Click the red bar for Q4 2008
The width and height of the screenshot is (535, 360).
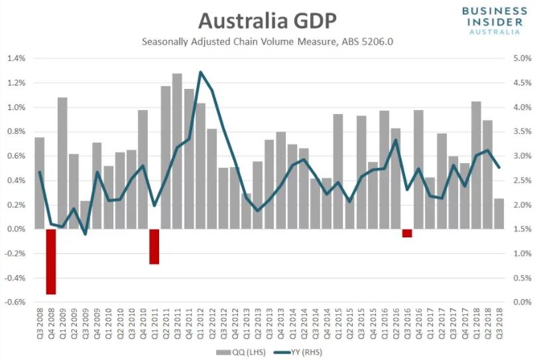click(x=51, y=261)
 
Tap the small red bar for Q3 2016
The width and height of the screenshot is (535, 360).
click(x=407, y=233)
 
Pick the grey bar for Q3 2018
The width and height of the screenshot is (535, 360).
click(x=499, y=213)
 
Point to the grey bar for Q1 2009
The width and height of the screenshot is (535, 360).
click(x=62, y=163)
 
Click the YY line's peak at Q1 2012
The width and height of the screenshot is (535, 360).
click(x=200, y=72)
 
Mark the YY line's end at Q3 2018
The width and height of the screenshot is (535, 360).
click(x=499, y=167)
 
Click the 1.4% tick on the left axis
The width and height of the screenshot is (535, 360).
click(x=16, y=58)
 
